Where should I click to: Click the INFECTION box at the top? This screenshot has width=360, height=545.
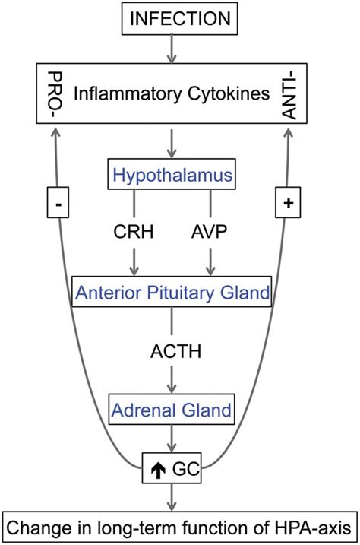[x=179, y=18]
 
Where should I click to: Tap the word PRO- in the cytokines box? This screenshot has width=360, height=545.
[x=55, y=94]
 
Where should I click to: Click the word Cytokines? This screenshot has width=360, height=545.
[x=229, y=93]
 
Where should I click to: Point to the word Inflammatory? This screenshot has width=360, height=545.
[x=128, y=93]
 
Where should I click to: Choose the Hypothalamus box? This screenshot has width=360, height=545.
[x=172, y=174]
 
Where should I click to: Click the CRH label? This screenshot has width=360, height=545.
[x=134, y=232]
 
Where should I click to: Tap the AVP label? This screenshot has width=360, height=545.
[x=210, y=232]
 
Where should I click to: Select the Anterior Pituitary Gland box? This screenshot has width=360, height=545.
[x=172, y=292]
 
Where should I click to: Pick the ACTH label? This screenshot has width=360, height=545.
[x=175, y=351]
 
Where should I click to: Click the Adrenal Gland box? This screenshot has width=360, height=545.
[x=172, y=409]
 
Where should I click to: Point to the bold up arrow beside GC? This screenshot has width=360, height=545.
[x=158, y=470]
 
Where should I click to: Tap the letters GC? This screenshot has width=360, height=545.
[x=186, y=469]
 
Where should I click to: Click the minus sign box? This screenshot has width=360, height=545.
[x=58, y=203]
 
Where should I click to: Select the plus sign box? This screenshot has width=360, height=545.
[x=288, y=203]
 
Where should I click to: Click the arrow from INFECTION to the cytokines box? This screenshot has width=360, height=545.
[x=172, y=49]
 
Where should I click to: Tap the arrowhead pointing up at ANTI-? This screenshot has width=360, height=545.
[x=289, y=132]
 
